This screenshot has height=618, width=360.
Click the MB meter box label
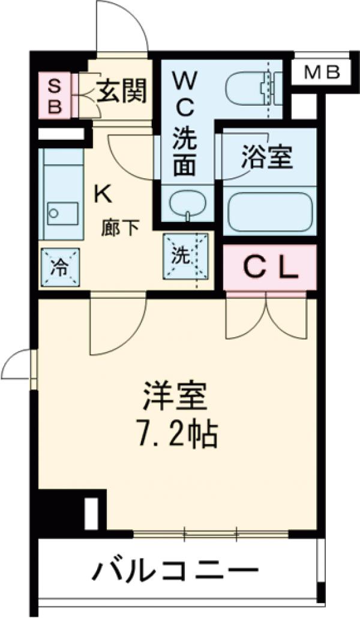(322, 73)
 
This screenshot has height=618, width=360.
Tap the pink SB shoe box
(55, 96)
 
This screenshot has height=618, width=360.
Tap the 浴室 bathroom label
(266, 157)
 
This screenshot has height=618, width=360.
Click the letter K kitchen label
(101, 193)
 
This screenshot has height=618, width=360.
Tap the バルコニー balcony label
(175, 570)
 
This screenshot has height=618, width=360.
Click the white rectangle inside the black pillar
(91, 513)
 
